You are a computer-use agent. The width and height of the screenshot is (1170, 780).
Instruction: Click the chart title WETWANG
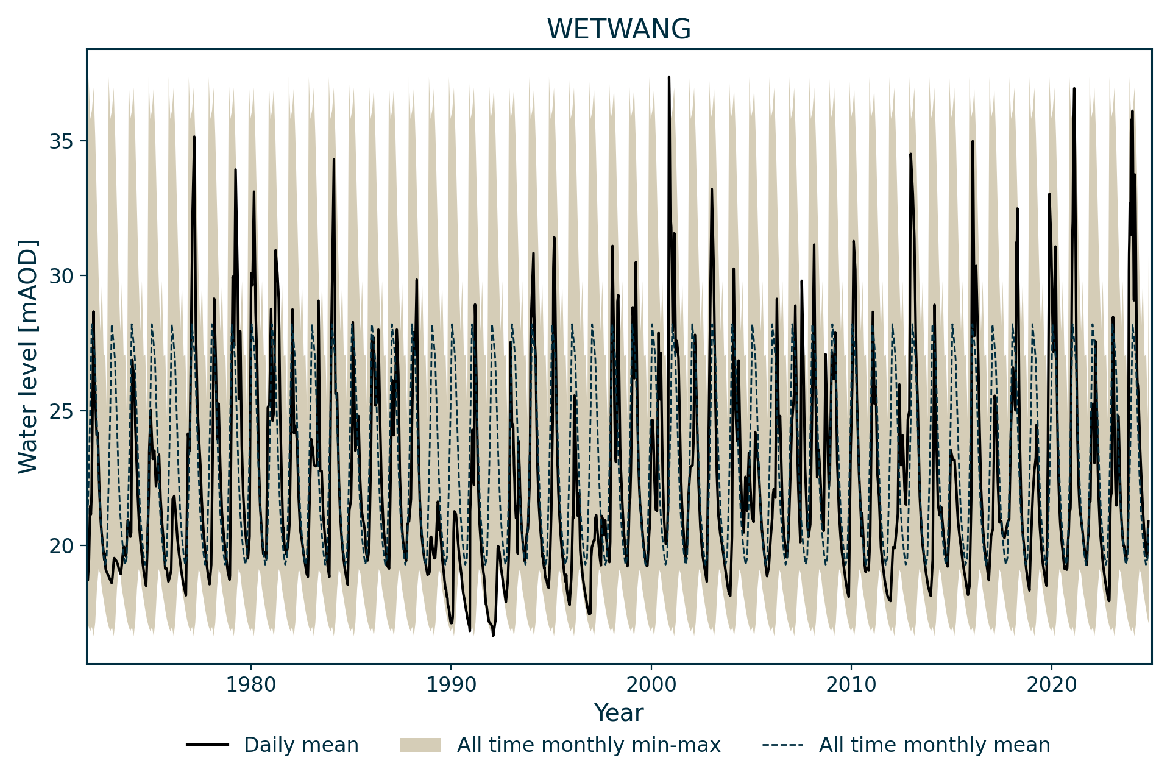coord(619,29)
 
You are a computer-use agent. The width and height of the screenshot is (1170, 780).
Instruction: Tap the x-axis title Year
coord(619,712)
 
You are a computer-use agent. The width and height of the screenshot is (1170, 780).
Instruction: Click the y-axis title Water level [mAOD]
coord(28,356)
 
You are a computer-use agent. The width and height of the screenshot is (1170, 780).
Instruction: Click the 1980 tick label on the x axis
coord(250,684)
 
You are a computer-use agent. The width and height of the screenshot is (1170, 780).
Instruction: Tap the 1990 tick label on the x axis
coord(451,684)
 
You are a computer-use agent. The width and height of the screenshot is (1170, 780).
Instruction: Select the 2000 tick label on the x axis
coord(651,684)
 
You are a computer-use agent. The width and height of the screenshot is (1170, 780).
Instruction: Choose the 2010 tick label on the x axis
coord(851,684)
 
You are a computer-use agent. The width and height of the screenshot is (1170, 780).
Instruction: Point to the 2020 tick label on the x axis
coord(1051,684)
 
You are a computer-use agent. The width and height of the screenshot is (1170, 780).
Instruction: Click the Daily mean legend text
coord(301,745)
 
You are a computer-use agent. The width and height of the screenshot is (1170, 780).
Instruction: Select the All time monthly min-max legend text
coord(589,745)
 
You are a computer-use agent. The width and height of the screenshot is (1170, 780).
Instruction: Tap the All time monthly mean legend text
coord(934,745)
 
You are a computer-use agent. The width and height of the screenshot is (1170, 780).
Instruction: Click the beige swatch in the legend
coord(420,745)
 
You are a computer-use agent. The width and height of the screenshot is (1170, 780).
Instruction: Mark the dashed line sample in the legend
coord(782,745)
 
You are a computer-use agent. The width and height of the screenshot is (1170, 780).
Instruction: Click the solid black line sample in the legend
coord(207,745)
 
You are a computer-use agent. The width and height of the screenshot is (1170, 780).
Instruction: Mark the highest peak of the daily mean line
coord(668,77)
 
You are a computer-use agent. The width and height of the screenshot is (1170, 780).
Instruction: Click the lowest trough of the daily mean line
coord(493,636)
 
